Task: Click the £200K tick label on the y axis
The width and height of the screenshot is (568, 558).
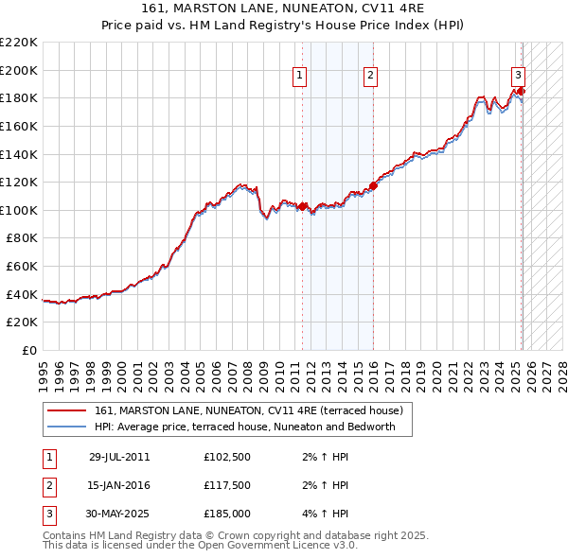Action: [x=18, y=70]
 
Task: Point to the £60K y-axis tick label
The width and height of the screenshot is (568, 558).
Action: [x=21, y=267]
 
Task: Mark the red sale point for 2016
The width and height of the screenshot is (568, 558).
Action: [x=373, y=185]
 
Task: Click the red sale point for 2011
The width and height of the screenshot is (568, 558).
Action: [x=303, y=206]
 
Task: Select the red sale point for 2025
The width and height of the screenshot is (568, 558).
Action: [x=521, y=91]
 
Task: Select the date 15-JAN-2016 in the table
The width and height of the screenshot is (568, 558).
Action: [x=119, y=485]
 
